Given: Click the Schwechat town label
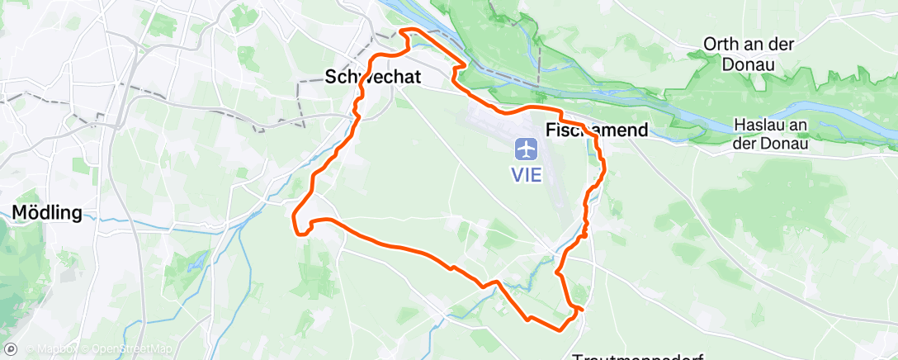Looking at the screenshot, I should pos(373,78).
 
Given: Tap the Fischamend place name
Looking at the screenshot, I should pos(597,130).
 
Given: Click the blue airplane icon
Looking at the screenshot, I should pos(526,149).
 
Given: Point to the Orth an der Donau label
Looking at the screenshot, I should pos(749,53).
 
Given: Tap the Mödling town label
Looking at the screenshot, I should pos(47,213).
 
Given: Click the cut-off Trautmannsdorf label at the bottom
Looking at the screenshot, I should pos(637,357).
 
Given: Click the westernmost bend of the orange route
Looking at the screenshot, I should pos(295,216).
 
